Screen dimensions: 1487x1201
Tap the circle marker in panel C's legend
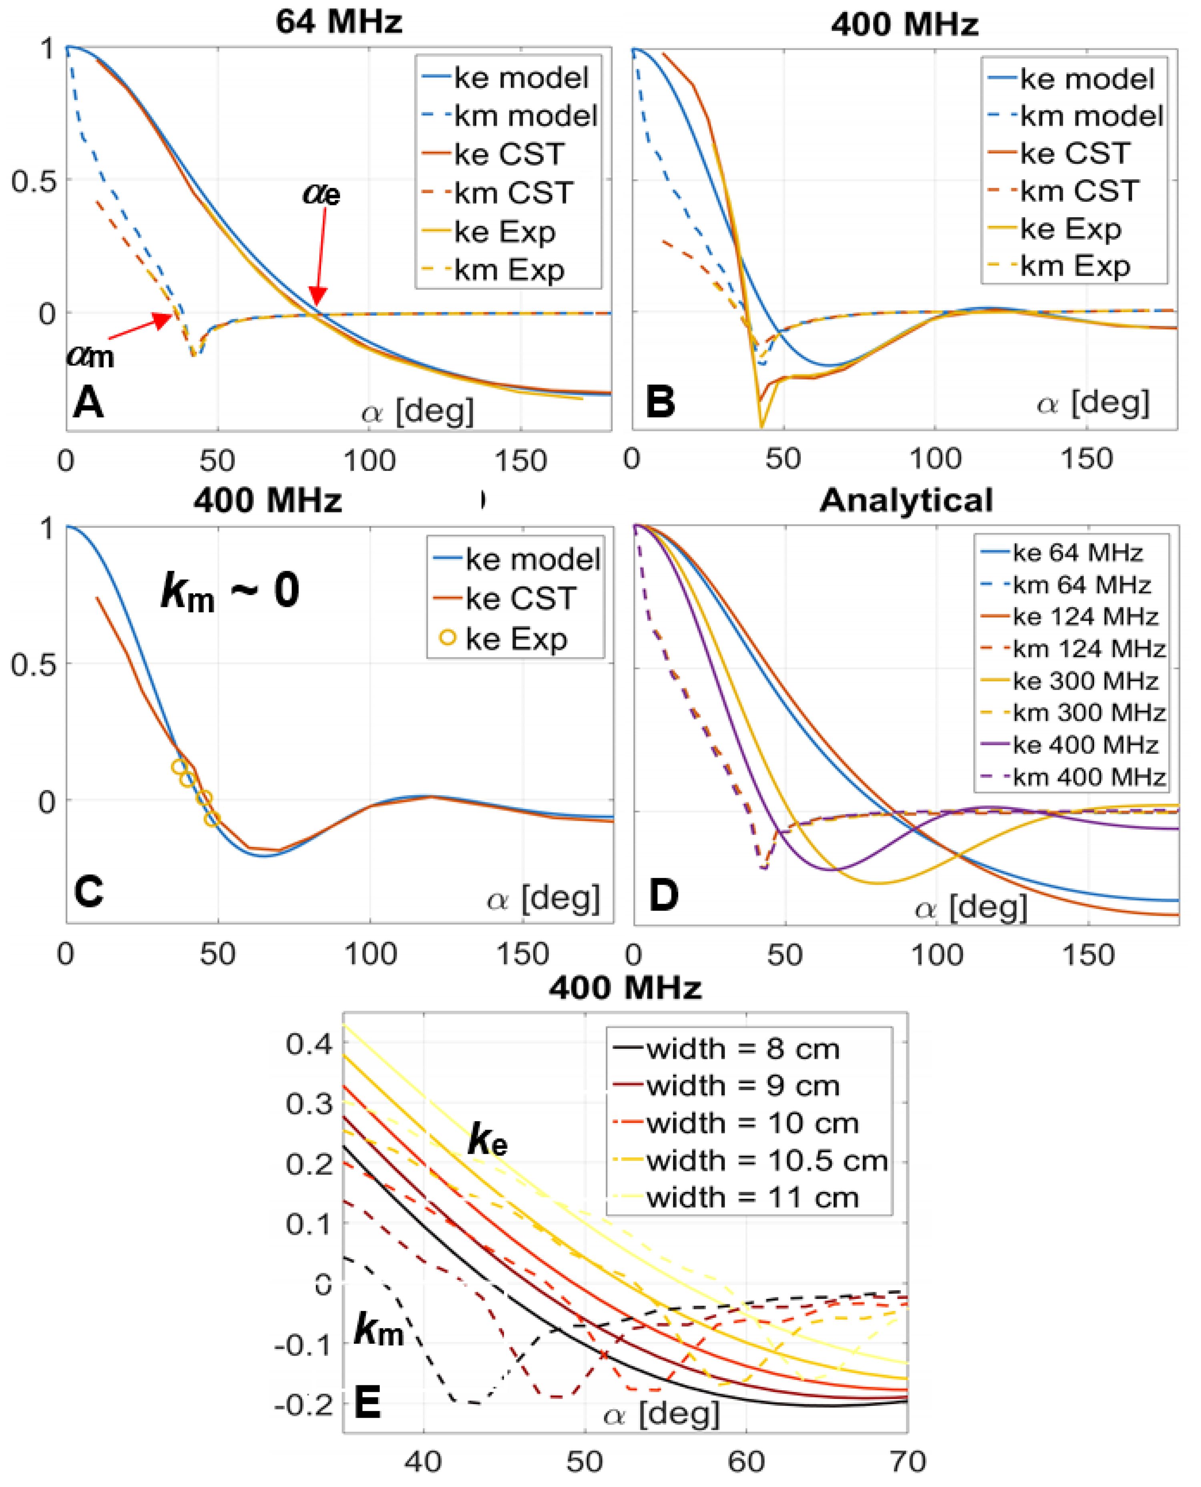pyautogui.click(x=448, y=638)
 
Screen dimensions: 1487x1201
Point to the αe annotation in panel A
pyautogui.click(x=322, y=194)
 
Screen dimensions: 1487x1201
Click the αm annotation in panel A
pyautogui.click(x=90, y=356)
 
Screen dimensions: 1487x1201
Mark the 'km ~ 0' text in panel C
pyautogui.click(x=230, y=592)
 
